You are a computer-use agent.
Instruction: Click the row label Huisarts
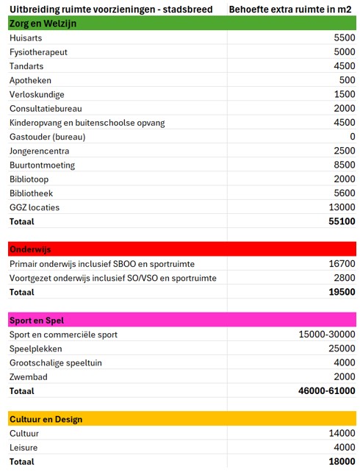tap(27, 38)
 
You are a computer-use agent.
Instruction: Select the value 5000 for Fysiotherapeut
tap(342, 52)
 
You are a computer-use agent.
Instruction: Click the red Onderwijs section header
tap(31, 249)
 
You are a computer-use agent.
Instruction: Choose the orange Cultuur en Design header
tap(46, 419)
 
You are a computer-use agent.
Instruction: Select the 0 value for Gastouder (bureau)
tap(352, 137)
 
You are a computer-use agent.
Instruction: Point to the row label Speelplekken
tap(35, 348)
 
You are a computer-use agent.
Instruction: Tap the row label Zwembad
tap(29, 376)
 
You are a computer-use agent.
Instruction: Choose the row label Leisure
tap(25, 448)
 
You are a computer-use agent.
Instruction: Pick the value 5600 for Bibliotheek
tap(342, 193)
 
